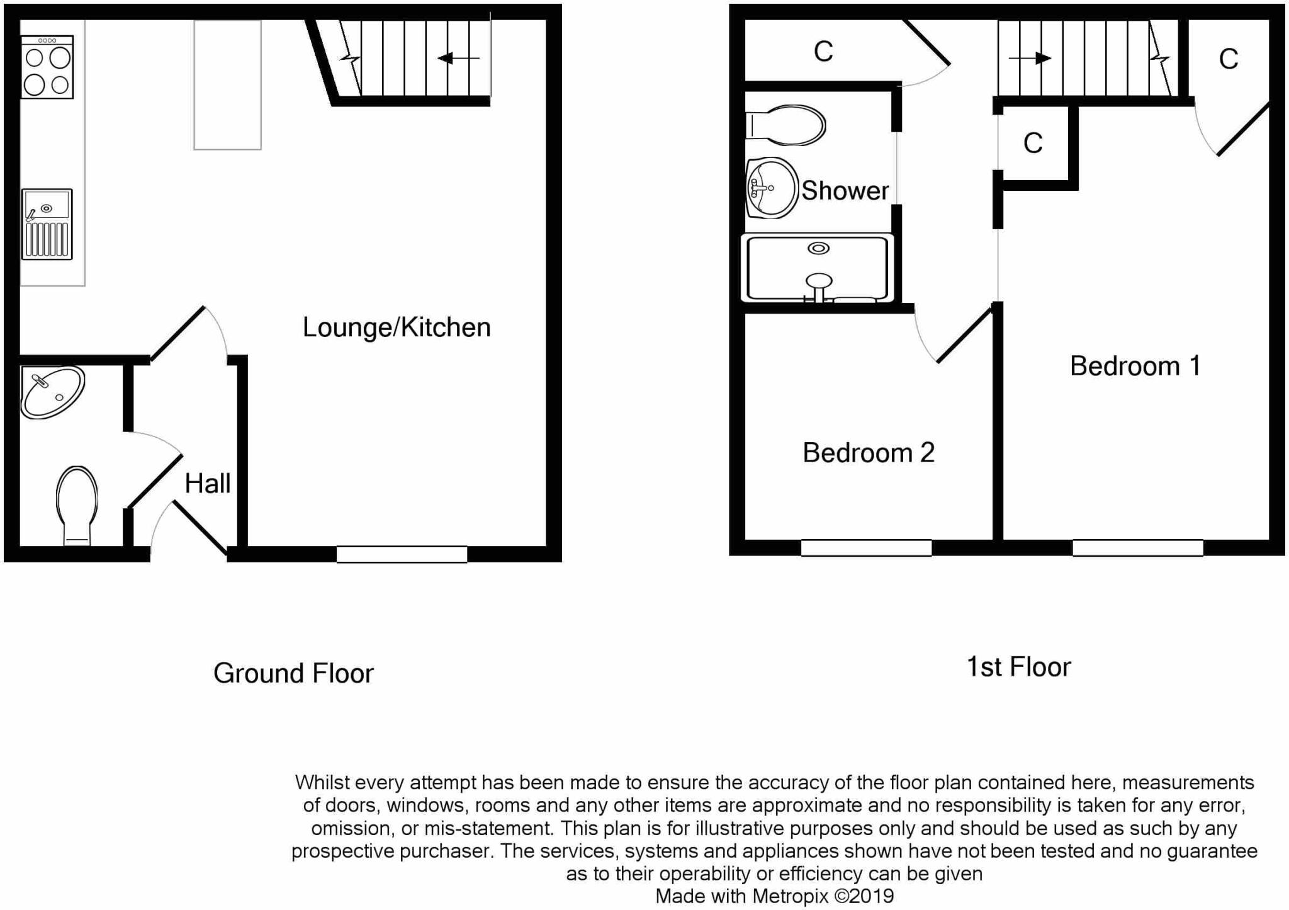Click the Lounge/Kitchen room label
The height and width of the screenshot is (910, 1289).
[397, 327]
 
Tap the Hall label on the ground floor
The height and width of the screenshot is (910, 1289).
[207, 484]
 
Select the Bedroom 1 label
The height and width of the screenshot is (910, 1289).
[1135, 366]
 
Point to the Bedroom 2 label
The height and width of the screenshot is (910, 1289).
[868, 453]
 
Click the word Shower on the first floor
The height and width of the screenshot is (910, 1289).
[845, 191]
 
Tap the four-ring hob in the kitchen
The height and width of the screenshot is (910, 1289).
[47, 67]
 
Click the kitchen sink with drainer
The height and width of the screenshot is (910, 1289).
[47, 224]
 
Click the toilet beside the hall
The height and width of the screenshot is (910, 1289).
[77, 504]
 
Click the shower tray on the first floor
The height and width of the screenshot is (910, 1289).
[818, 268]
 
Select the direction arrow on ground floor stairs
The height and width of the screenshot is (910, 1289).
[458, 59]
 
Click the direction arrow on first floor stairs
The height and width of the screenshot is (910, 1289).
[1030, 59]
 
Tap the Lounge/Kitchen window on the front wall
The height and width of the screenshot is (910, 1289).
[402, 554]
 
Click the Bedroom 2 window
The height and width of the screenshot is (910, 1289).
[866, 548]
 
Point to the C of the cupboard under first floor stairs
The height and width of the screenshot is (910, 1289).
[1033, 144]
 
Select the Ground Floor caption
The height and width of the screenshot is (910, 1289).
[293, 673]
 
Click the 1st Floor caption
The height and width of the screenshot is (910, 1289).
[1018, 667]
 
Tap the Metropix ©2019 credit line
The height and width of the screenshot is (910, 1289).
[774, 896]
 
